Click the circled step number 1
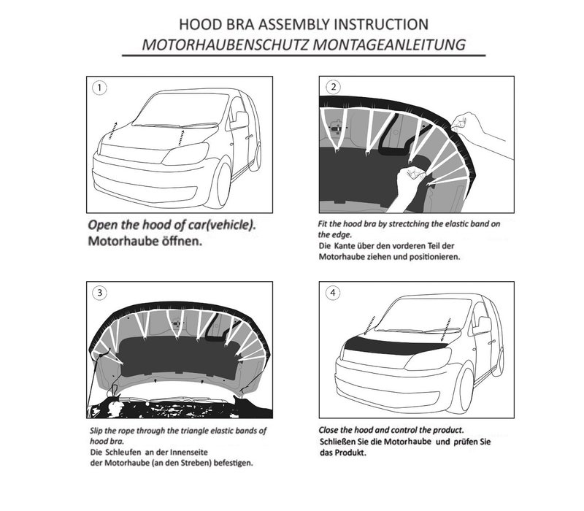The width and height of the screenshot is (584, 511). pyautogui.click(x=100, y=88)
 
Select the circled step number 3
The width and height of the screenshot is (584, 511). pyautogui.click(x=99, y=294)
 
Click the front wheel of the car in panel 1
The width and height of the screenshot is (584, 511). pyautogui.click(x=218, y=185)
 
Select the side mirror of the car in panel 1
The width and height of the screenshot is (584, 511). pyautogui.click(x=239, y=120)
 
